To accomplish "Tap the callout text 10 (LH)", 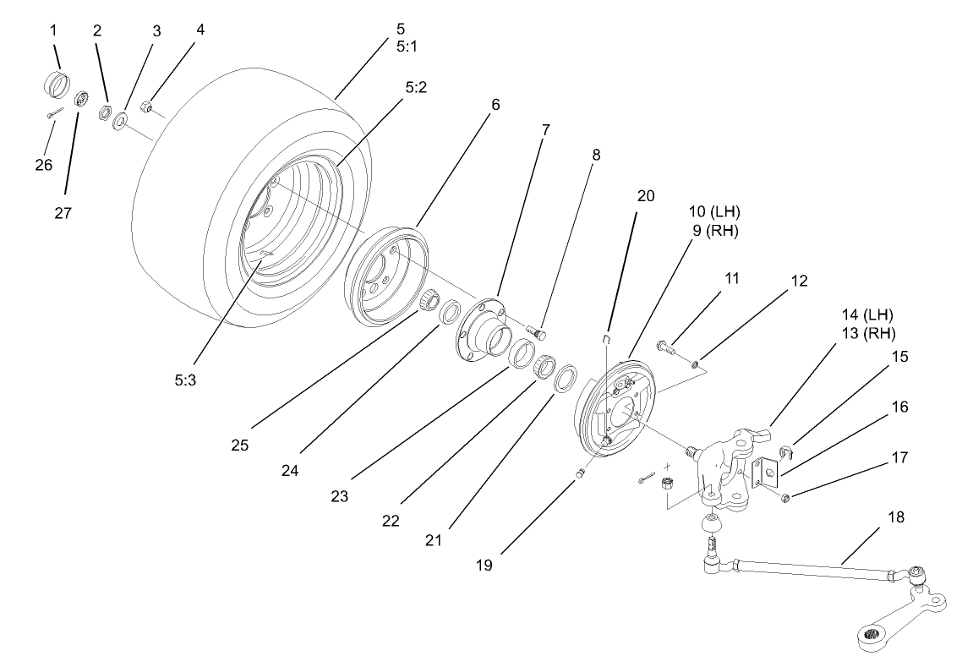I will pos(714,210).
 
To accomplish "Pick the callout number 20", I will pos(646,195).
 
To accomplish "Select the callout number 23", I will pos(340,497).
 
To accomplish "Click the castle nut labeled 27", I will pos(83,100).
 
